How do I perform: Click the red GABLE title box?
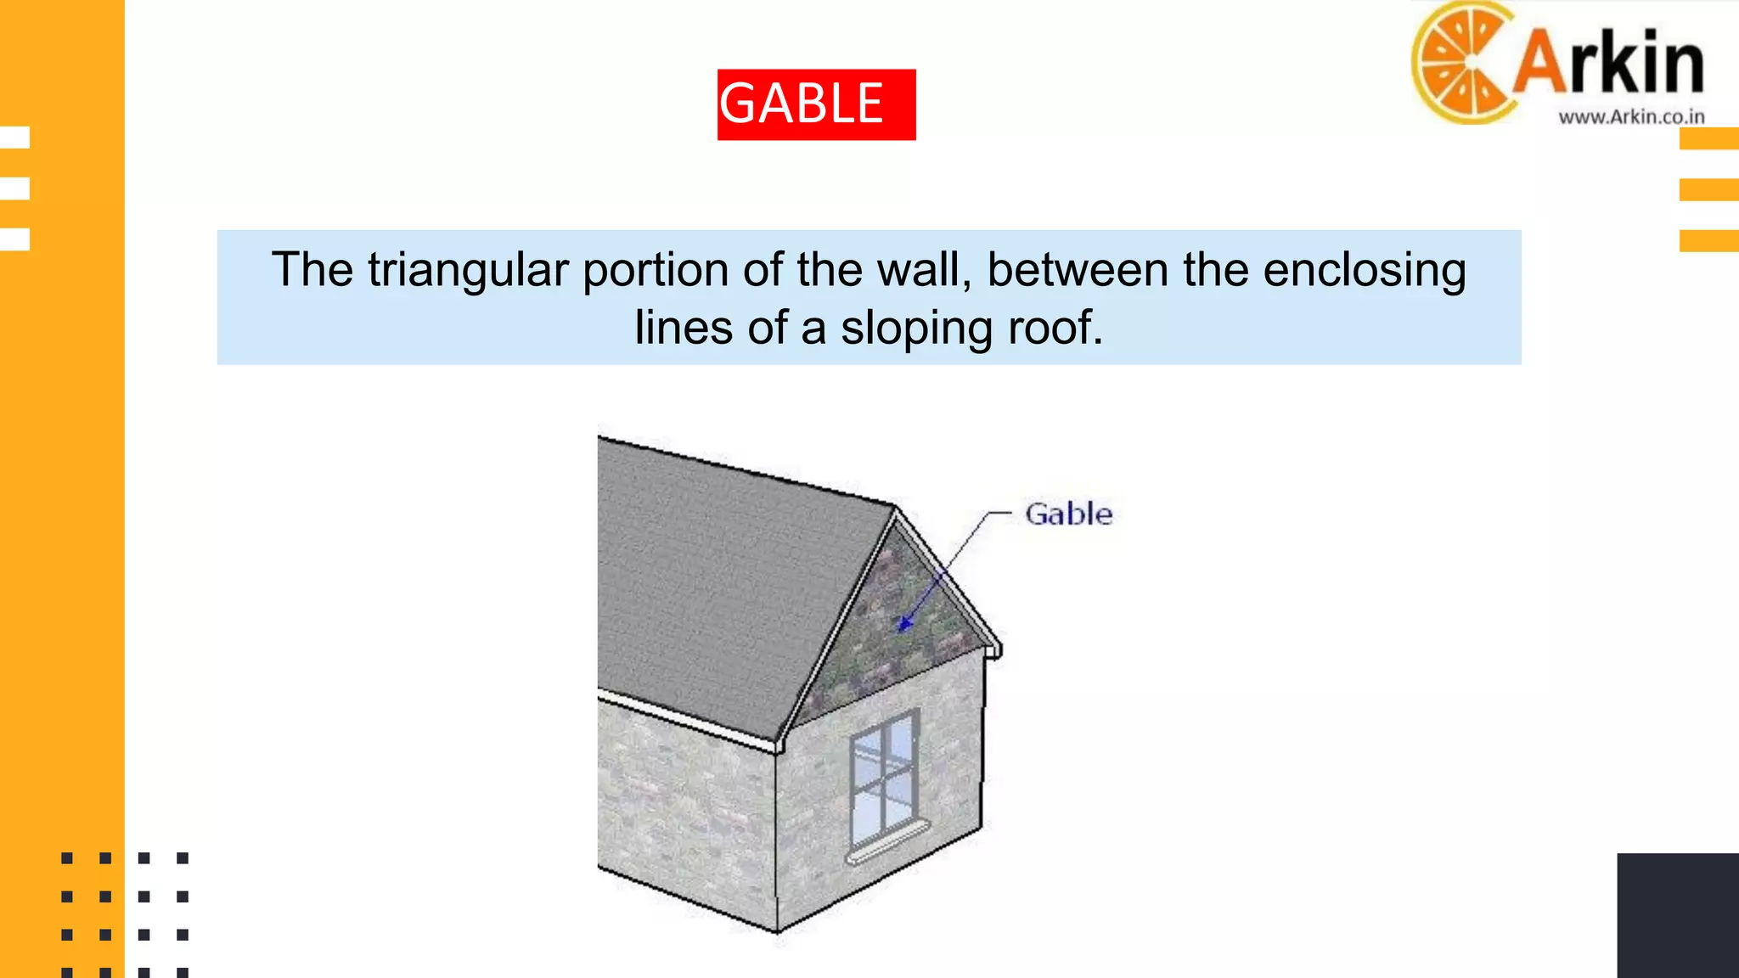pyautogui.click(x=816, y=104)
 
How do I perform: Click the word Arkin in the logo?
pyautogui.click(x=1607, y=61)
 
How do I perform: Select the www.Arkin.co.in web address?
pyautogui.click(x=1631, y=117)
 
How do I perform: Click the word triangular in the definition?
pyautogui.click(x=468, y=270)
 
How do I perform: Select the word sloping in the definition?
pyautogui.click(x=916, y=328)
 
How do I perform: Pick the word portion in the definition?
pyautogui.click(x=656, y=270)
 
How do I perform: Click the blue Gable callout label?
pyautogui.click(x=1068, y=514)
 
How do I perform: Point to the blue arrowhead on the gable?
pyautogui.click(x=905, y=625)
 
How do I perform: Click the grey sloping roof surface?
pyautogui.click(x=722, y=586)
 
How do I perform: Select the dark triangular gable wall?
pyautogui.click(x=892, y=628)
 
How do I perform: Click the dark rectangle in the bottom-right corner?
pyautogui.click(x=1677, y=915)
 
